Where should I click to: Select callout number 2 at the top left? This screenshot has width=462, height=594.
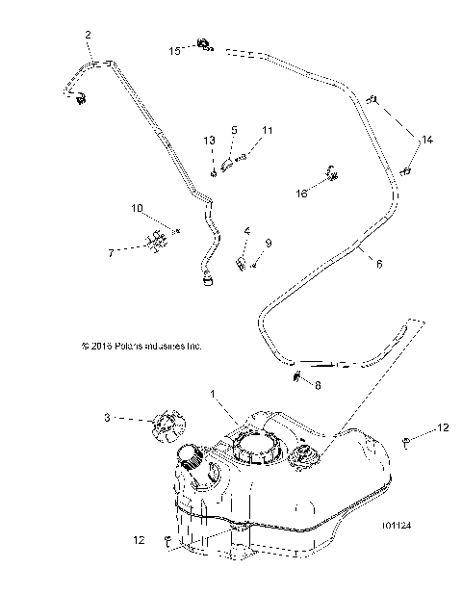pos(89,36)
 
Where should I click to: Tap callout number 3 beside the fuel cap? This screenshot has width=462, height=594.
pos(135,419)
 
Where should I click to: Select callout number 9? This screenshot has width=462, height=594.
pos(242,244)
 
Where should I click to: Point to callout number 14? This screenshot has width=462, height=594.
pos(427,141)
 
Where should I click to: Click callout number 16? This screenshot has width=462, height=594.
pos(301,194)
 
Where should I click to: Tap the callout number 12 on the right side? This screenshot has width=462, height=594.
pos(444,426)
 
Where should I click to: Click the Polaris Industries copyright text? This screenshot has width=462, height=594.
pos(141,344)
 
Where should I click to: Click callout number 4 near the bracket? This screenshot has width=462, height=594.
pos(220,231)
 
